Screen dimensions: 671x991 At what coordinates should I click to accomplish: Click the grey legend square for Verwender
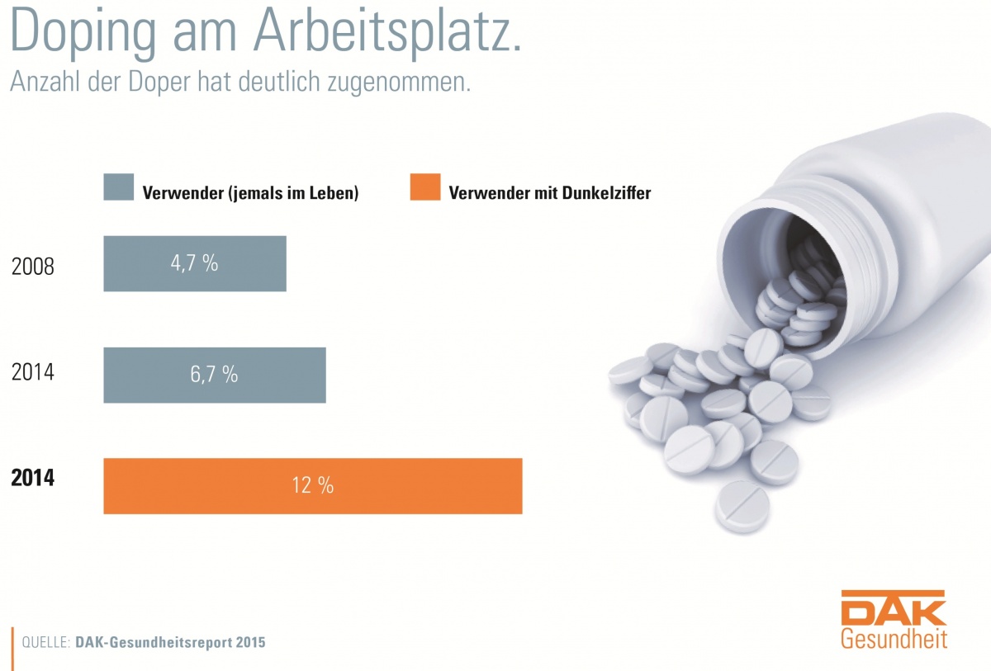pyautogui.click(x=117, y=188)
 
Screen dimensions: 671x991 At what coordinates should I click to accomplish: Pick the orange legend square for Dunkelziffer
pyautogui.click(x=424, y=188)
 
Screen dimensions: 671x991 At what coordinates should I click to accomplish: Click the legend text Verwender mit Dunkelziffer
pyautogui.click(x=549, y=194)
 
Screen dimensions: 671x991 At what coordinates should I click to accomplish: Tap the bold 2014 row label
pyautogui.click(x=33, y=478)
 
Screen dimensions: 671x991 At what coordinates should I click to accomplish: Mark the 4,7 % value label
pyautogui.click(x=195, y=263)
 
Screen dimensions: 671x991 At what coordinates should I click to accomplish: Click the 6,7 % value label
pyautogui.click(x=215, y=375)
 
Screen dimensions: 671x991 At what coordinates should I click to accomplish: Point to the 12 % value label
pyautogui.click(x=312, y=485)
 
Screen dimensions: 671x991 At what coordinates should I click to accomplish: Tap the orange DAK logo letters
pyautogui.click(x=894, y=609)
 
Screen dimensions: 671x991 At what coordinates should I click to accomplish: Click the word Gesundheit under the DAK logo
pyautogui.click(x=894, y=639)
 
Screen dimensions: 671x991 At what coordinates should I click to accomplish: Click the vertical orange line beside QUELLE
pyautogui.click(x=12, y=641)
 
